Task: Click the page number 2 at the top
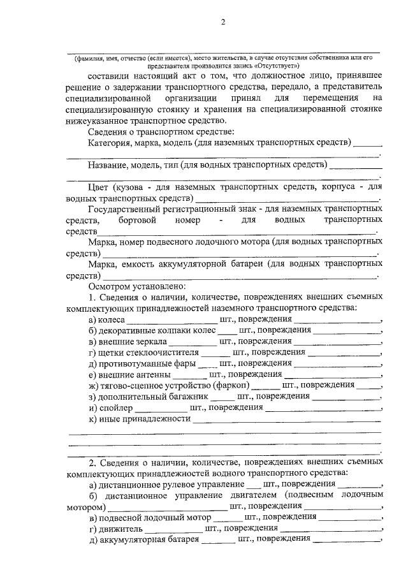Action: (x=223, y=23)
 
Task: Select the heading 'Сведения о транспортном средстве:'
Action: (x=154, y=131)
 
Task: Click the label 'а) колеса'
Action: (x=107, y=319)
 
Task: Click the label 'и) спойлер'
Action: (x=110, y=407)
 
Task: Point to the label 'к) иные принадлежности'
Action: (x=140, y=419)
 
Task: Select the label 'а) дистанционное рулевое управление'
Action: (x=166, y=485)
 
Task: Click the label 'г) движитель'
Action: (x=115, y=528)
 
